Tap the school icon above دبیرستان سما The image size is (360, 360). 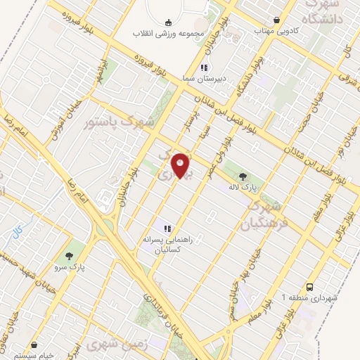tap(202, 67)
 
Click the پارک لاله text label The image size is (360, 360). tap(243, 187)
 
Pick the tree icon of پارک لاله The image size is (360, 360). tap(243, 176)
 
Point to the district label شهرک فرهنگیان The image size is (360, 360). tap(262, 214)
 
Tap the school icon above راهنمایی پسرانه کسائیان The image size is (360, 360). tap(168, 228)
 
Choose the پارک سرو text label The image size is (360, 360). tap(70, 268)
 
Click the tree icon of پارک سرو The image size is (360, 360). tap(70, 256)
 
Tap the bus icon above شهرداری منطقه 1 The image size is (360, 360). tap(310, 286)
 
